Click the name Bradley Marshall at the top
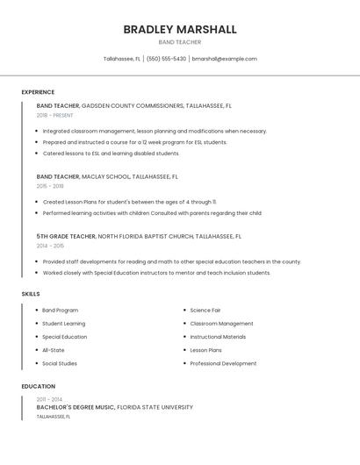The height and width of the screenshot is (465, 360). [179, 30]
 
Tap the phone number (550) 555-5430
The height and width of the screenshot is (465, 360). [166, 59]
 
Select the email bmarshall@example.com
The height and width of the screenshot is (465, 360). [224, 59]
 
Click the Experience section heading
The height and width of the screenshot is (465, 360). [38, 92]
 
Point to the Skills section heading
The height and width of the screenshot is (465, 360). [31, 294]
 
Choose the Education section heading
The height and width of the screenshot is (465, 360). [38, 386]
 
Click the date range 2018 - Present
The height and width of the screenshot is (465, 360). [55, 115]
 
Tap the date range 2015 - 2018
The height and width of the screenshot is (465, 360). [50, 186]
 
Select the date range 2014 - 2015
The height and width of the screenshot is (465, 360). [50, 246]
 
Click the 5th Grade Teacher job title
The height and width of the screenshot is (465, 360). [66, 236]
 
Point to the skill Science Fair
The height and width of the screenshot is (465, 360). [205, 310]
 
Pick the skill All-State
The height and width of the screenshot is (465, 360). [54, 350]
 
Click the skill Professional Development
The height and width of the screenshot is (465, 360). [223, 363]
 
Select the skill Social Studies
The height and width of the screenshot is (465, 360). [60, 363]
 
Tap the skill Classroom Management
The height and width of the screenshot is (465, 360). [221, 324]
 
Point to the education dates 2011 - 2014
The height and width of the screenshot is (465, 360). [49, 399]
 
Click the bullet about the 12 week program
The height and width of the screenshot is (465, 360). [134, 142]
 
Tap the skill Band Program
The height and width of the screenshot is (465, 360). [61, 310]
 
